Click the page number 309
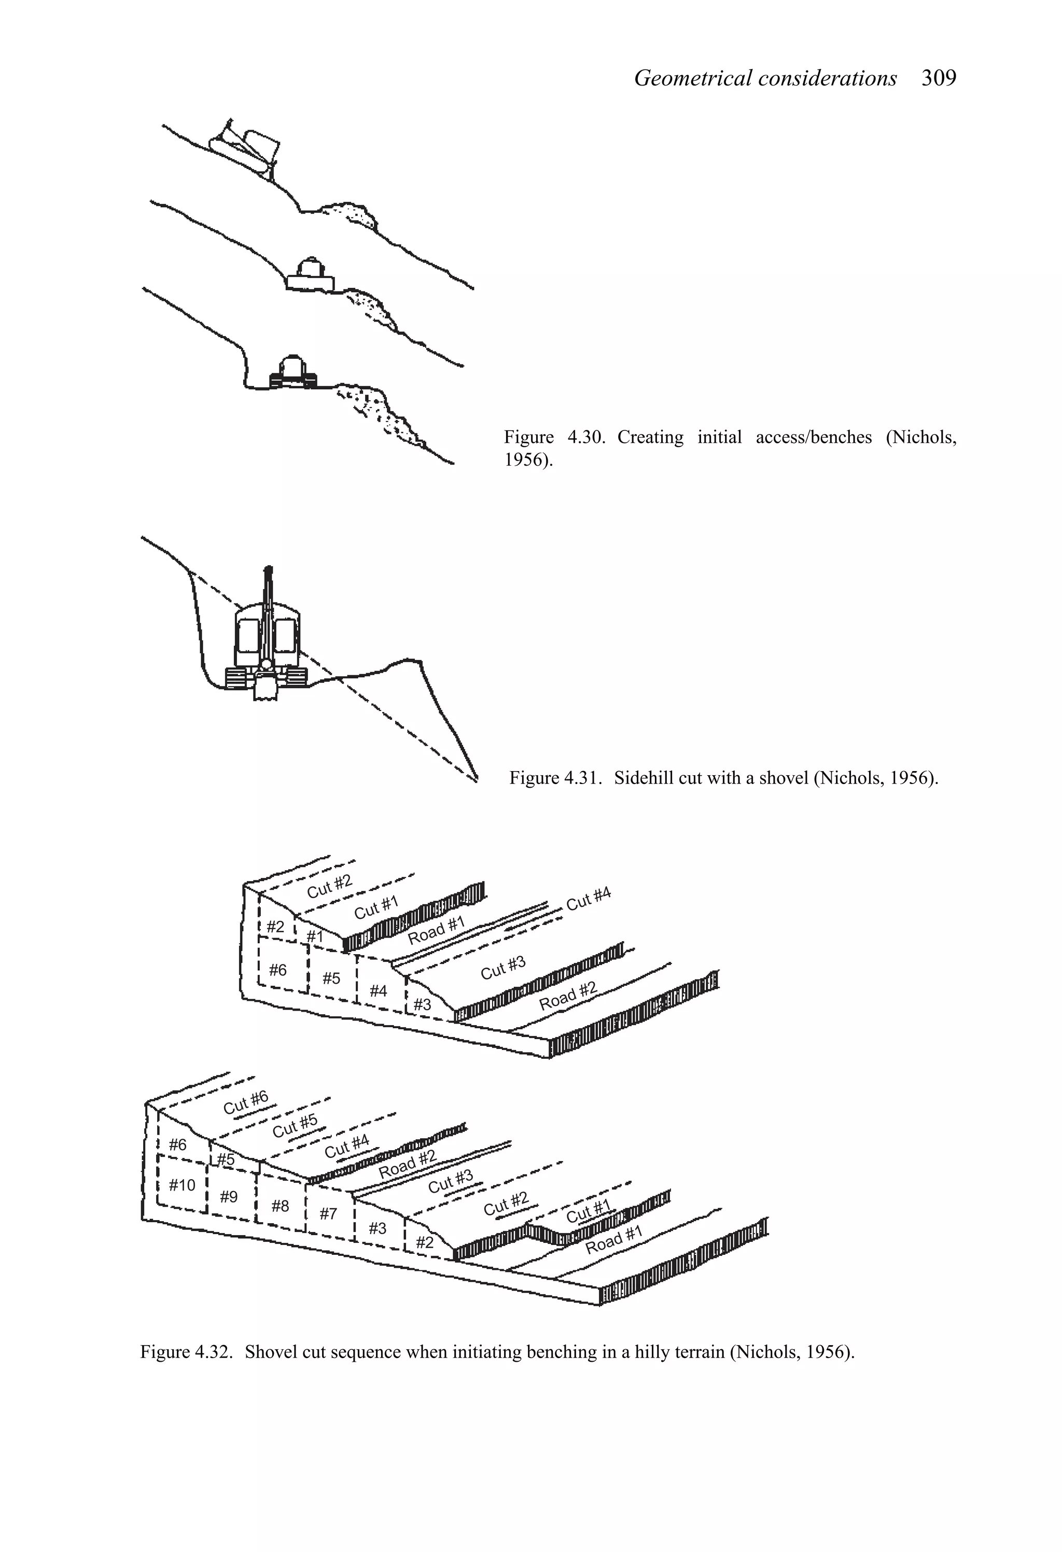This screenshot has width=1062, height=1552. click(939, 78)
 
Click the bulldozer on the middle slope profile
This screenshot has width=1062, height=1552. click(309, 274)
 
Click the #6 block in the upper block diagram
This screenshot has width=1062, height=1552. click(278, 970)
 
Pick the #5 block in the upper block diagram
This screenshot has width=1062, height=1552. click(331, 978)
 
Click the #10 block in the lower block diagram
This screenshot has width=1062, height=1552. click(181, 1185)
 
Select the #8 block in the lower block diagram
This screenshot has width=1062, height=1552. click(281, 1206)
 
